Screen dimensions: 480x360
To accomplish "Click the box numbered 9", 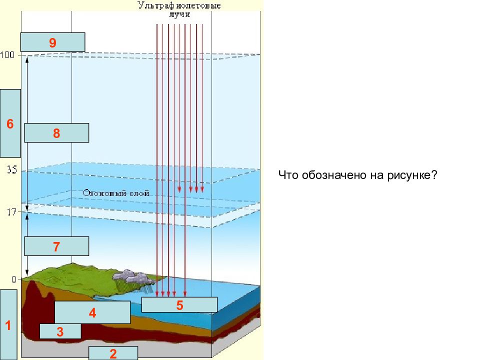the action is coord(52,42).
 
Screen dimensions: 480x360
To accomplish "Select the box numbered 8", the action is coord(56,133).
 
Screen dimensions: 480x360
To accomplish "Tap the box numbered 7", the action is coord(56,246).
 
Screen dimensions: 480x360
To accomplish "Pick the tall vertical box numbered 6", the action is coord(10,123).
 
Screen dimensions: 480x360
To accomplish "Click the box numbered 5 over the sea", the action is coord(179,304).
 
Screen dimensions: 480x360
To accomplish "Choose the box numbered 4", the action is coord(92,312).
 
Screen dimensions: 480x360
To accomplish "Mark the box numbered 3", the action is coord(60,331).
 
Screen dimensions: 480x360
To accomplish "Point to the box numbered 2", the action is coord(113,353).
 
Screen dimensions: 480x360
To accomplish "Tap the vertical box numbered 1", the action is coord(8,325).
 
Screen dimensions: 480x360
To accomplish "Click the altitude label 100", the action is coord(7,55).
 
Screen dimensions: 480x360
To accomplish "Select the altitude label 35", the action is coord(12,169).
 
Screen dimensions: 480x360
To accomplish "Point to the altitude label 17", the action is coord(11,212).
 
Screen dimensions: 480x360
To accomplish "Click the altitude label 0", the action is coord(14,279).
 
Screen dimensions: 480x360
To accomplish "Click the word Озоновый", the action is coord(104,193).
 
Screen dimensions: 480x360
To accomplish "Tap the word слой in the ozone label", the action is coord(139,193).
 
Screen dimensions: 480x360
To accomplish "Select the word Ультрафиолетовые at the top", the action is coord(179,5).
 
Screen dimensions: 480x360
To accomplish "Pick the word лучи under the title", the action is coord(179,14).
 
